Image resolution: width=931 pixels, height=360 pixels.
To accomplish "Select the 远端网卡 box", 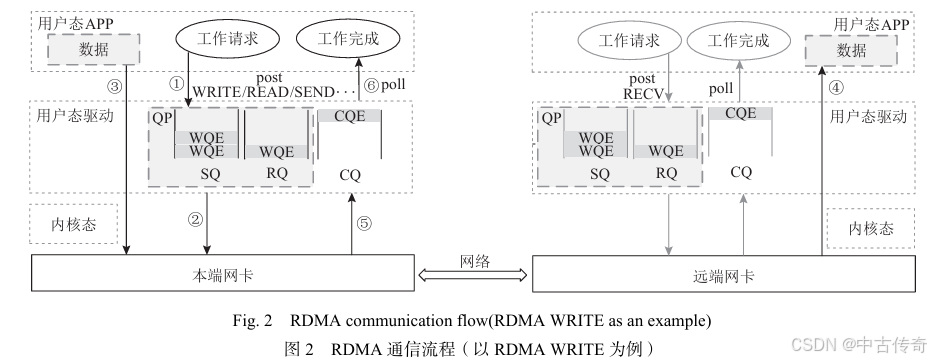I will tap(723, 275).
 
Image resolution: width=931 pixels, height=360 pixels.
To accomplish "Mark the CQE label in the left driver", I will tap(350, 115).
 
